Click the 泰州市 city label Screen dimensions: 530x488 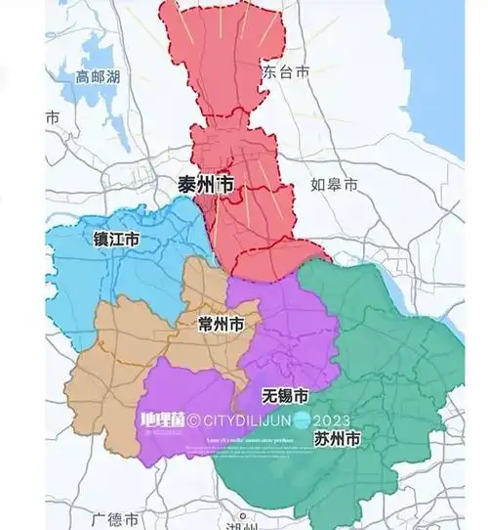[205, 183]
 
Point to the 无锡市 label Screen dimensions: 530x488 [286, 396]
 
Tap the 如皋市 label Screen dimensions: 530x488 [335, 184]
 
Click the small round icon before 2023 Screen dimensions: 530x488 [305, 421]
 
